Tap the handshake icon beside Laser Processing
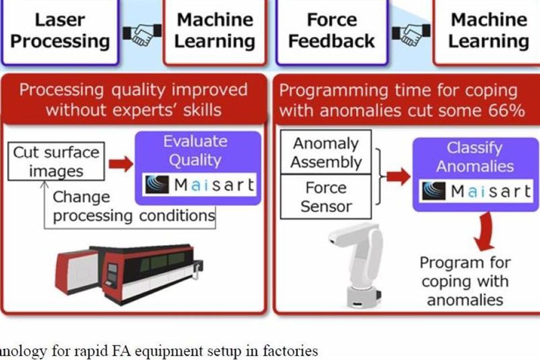pyautogui.click(x=142, y=34)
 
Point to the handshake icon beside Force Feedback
pyautogui.click(x=411, y=34)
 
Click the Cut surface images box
pyautogui.click(x=56, y=161)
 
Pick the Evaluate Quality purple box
pyautogui.click(x=198, y=168)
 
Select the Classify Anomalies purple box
pyautogui.click(x=476, y=174)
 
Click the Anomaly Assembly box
pyautogui.click(x=326, y=153)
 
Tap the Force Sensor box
pyautogui.click(x=326, y=197)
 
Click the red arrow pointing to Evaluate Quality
pyautogui.click(x=121, y=164)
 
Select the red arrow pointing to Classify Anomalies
pyautogui.click(x=398, y=177)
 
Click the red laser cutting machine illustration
pyautogui.click(x=129, y=274)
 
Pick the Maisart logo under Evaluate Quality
pyautogui.click(x=199, y=185)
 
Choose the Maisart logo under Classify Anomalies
pyautogui.click(x=476, y=191)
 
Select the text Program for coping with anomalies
pyautogui.click(x=465, y=281)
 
